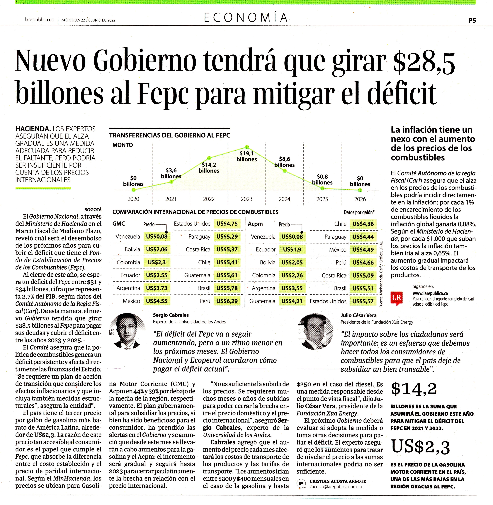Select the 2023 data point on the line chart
click(247, 147)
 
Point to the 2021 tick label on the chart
click(171, 199)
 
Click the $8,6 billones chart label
click(285, 162)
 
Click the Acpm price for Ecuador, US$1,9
click(292, 249)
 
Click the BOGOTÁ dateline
click(93, 210)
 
